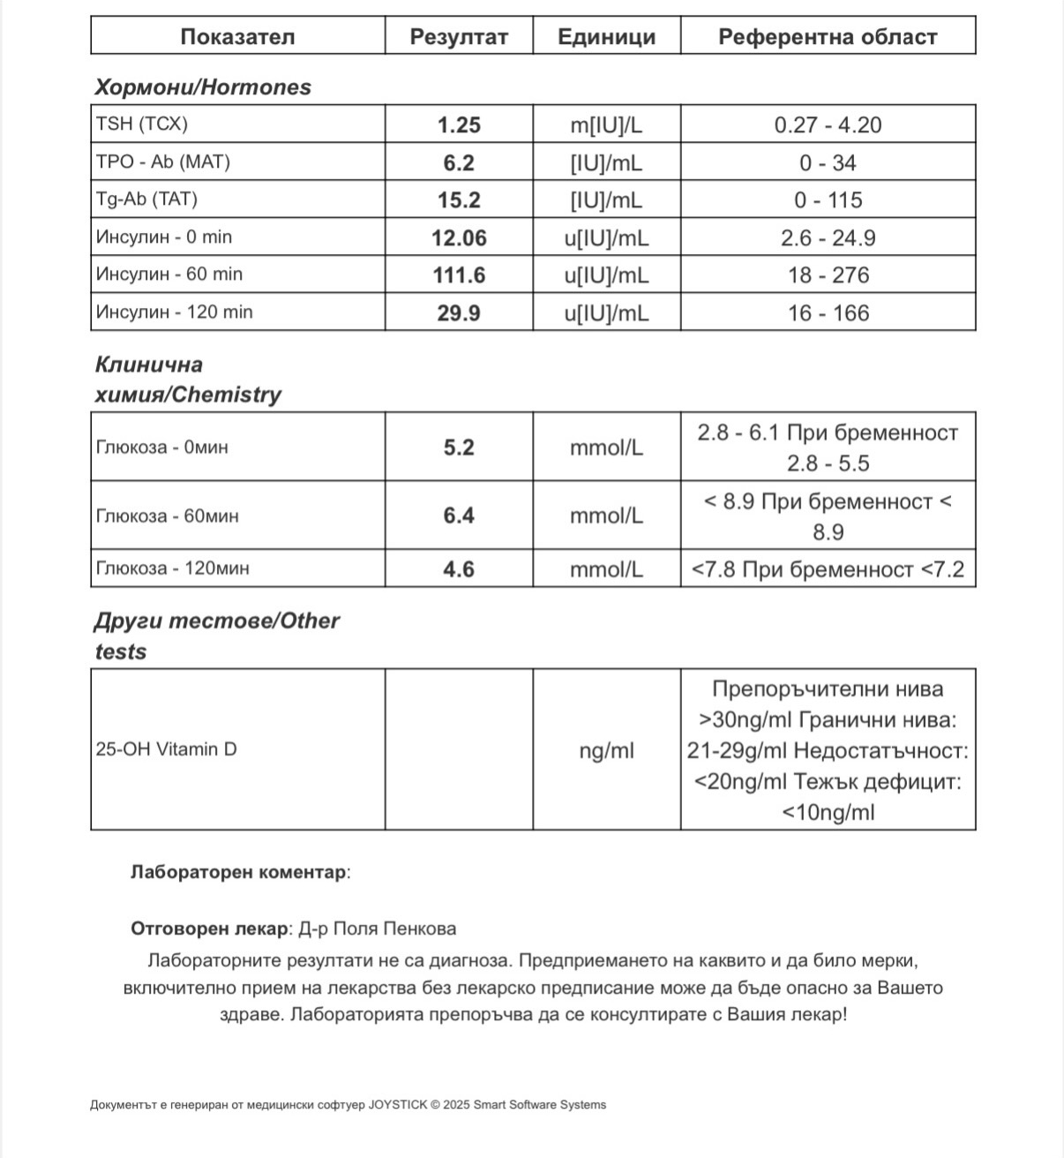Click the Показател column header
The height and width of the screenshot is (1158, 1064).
click(x=237, y=37)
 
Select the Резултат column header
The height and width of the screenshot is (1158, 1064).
click(x=459, y=37)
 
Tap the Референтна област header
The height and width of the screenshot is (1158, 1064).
click(x=828, y=37)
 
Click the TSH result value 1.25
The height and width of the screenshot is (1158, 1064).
click(x=459, y=125)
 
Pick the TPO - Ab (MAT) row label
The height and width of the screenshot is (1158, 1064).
click(x=163, y=162)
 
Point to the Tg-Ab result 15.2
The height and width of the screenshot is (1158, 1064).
click(x=459, y=200)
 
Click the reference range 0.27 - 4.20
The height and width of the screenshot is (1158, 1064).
click(x=828, y=125)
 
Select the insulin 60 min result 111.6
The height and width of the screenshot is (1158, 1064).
click(x=459, y=275)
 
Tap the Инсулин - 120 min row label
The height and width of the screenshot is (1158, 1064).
click(x=174, y=312)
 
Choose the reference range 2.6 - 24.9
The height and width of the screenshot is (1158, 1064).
click(x=828, y=238)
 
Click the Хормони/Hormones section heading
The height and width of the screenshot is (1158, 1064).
click(x=203, y=87)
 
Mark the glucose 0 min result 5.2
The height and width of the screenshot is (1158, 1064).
click(x=459, y=447)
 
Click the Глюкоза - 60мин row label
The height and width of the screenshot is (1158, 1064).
click(x=167, y=516)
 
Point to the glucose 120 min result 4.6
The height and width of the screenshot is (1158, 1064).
click(x=459, y=569)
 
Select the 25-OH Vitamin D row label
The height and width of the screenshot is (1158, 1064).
click(x=167, y=749)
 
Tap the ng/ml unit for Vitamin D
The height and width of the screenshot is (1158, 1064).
click(x=606, y=751)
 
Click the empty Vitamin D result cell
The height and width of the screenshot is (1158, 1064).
click(x=459, y=749)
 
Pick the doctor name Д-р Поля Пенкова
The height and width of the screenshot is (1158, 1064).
click(x=378, y=929)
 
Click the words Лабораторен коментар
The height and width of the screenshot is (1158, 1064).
click(x=238, y=872)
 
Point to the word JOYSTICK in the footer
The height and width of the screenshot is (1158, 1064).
click(x=397, y=1105)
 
